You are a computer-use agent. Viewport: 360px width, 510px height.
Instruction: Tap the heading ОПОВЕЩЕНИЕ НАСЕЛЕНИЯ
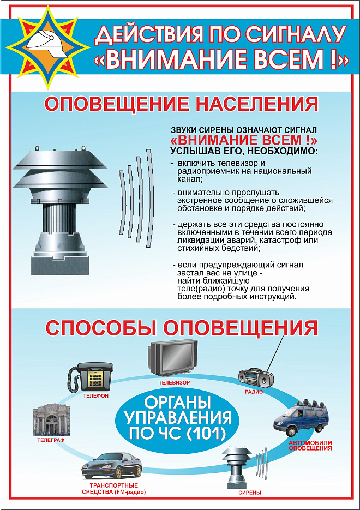(181, 105)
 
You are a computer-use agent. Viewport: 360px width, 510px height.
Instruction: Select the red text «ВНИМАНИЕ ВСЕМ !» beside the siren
(244, 140)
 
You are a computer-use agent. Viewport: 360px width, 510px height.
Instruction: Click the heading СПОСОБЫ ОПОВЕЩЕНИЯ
(182, 327)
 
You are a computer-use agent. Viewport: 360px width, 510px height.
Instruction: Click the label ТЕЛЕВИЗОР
(175, 382)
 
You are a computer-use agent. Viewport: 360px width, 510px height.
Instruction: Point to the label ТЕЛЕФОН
(96, 396)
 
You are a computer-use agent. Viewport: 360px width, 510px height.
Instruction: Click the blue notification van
(301, 417)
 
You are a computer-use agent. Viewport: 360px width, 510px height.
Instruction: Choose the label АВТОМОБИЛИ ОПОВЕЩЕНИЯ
(310, 445)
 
